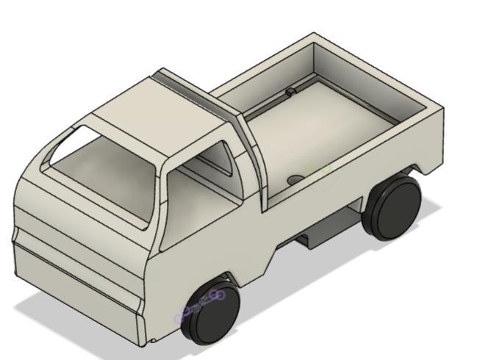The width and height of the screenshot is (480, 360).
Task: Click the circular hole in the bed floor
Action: (x=295, y=179)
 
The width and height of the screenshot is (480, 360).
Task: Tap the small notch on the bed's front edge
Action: (x=290, y=92)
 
